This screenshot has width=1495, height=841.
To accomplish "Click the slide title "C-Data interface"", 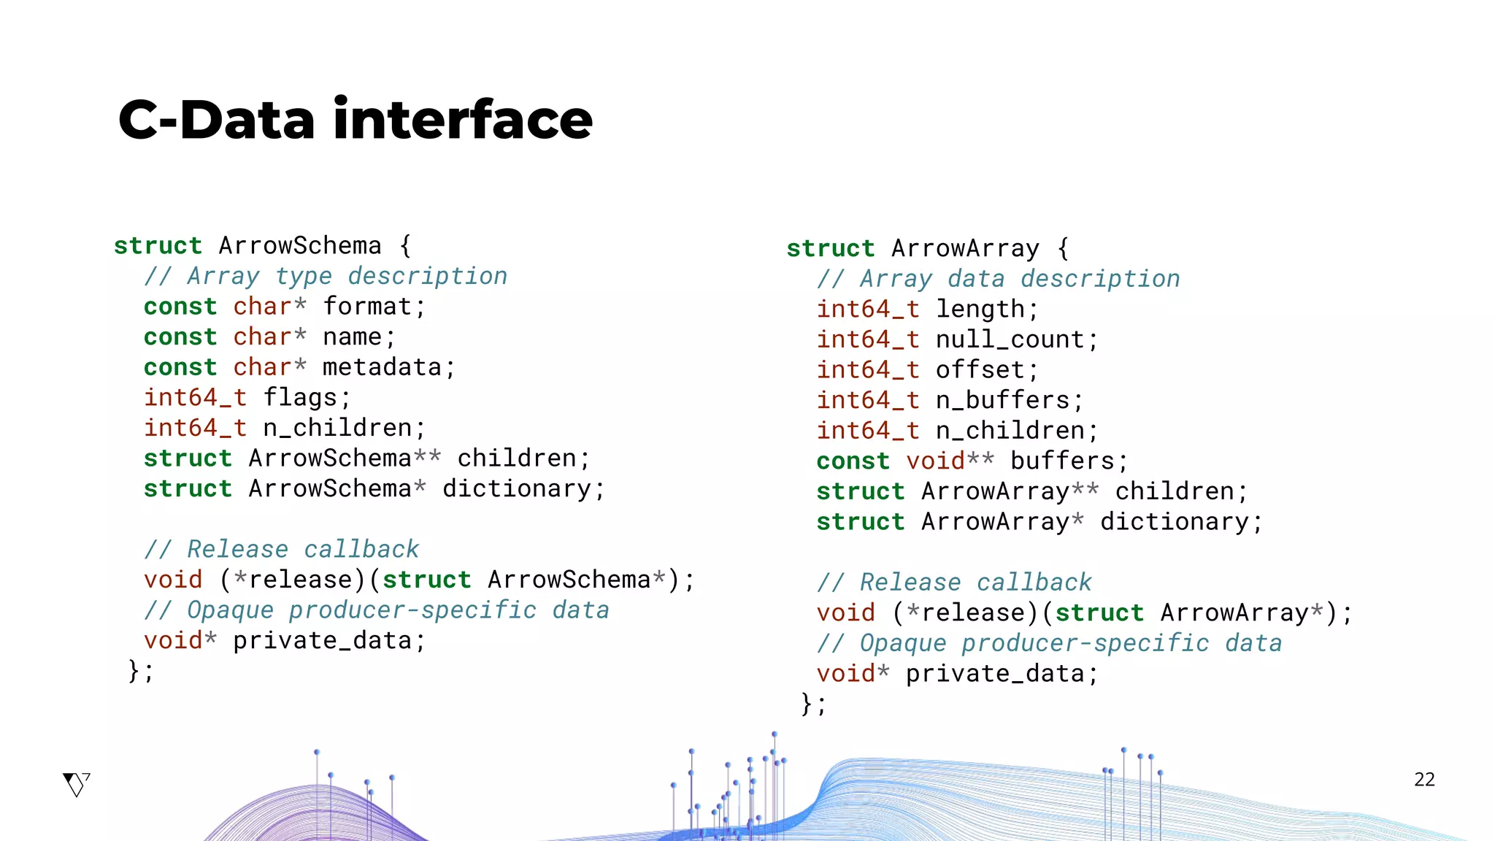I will (356, 120).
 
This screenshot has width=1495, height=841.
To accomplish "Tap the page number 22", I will (1424, 780).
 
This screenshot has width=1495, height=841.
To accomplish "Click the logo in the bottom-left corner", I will (76, 784).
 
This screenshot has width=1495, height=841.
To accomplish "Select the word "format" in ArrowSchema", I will (367, 307).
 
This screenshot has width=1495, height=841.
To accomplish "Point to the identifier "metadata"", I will (382, 367).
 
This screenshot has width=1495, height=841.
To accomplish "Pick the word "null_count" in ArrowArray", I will (1010, 340).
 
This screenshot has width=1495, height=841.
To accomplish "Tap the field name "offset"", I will (980, 370).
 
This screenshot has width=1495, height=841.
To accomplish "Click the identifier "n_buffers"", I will (1002, 401).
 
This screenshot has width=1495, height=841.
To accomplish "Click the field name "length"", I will (980, 310).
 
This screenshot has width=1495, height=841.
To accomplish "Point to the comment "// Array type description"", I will (325, 277).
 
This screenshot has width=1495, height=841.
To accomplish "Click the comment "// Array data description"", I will (998, 280).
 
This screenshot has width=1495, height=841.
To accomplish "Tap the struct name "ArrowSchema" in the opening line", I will (300, 246).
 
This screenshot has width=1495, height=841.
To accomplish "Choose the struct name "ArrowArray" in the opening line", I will (965, 249).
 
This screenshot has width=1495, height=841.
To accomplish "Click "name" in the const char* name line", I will (353, 337).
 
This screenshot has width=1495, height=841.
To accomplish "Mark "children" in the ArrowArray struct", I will (1174, 492).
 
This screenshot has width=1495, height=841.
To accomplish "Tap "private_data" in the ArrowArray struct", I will (994, 674).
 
